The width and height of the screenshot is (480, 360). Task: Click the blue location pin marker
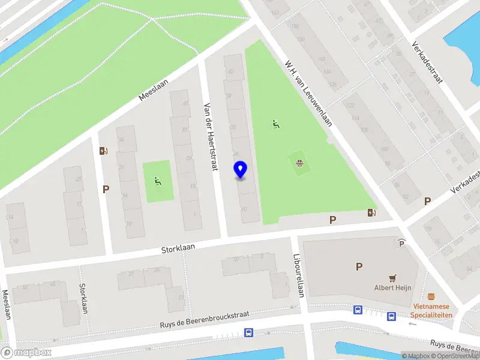[241, 170]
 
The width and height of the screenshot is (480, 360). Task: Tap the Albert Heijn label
[393, 287]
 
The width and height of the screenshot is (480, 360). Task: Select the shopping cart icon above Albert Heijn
[393, 278]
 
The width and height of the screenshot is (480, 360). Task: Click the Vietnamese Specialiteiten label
[433, 310]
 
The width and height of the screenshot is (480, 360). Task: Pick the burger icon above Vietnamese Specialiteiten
[431, 296]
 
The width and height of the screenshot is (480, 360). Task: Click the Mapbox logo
[26, 352]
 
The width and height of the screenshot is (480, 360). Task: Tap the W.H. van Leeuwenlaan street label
[308, 92]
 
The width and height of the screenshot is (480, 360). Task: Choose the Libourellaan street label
[298, 274]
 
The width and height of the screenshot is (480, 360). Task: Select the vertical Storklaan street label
[83, 298]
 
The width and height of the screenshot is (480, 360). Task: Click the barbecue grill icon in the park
[299, 162]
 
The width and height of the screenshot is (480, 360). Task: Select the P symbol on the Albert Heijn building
[359, 267]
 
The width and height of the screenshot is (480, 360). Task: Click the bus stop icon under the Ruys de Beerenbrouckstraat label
[248, 332]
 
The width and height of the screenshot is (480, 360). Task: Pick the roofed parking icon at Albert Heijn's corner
[401, 243]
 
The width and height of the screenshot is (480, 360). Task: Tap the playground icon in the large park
[275, 125]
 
